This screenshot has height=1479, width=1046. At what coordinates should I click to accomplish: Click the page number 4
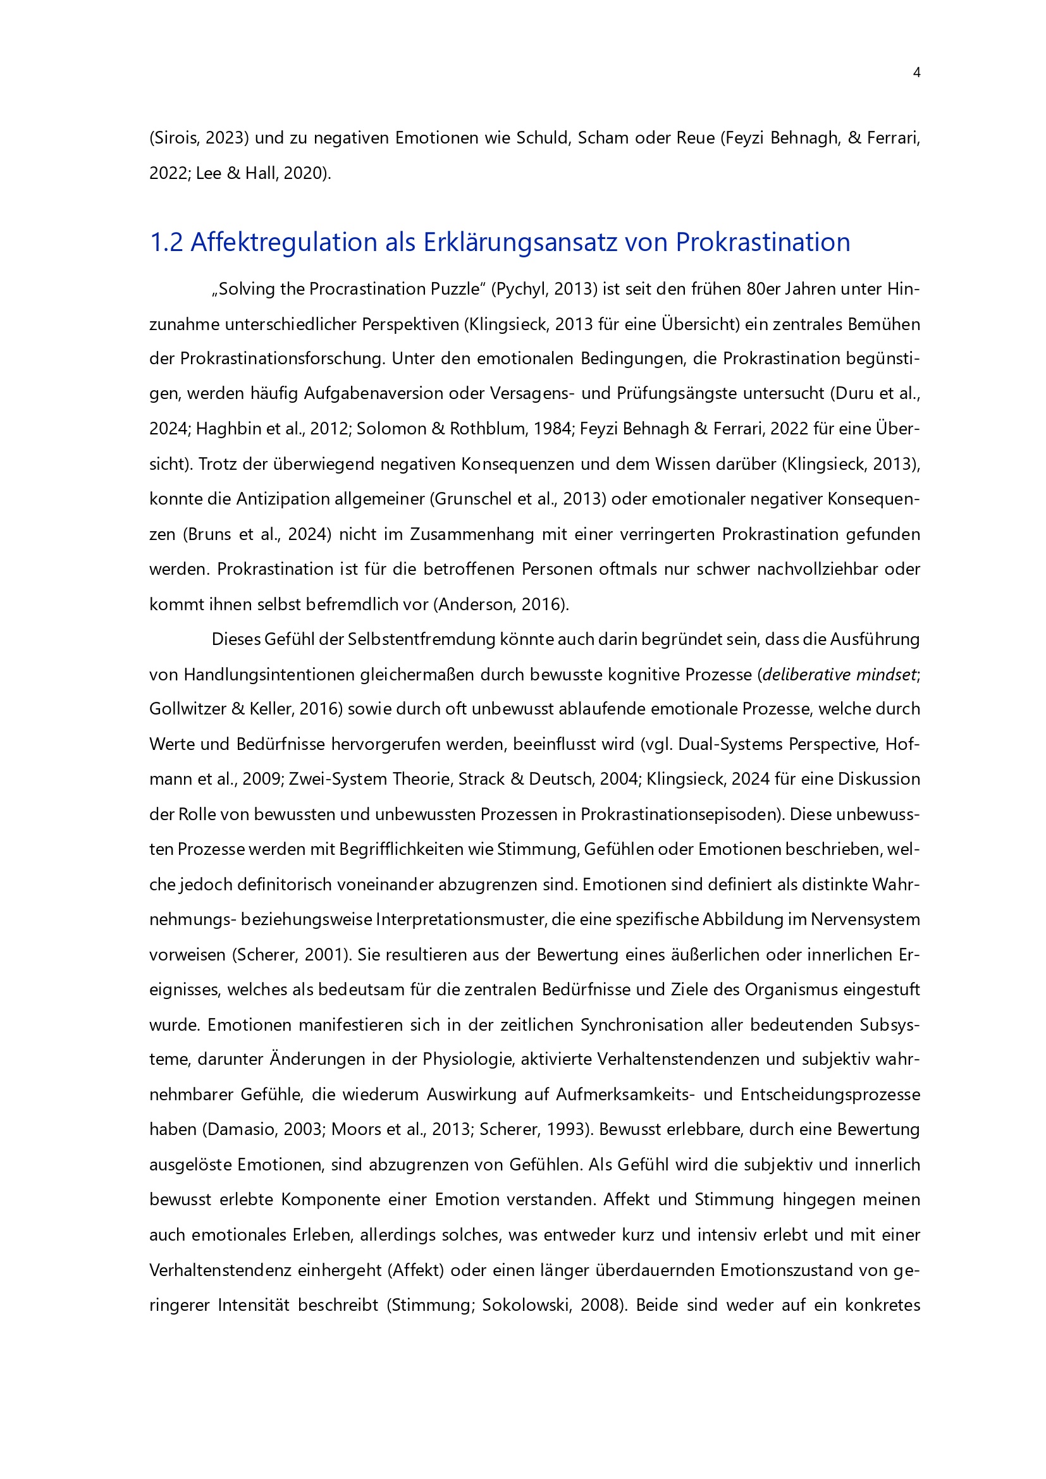tap(916, 73)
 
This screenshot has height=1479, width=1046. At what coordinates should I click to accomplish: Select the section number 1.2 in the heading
tap(166, 242)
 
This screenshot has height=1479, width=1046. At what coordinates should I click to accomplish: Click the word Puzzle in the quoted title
tap(452, 288)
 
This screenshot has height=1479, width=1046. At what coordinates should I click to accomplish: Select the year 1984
tap(551, 428)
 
